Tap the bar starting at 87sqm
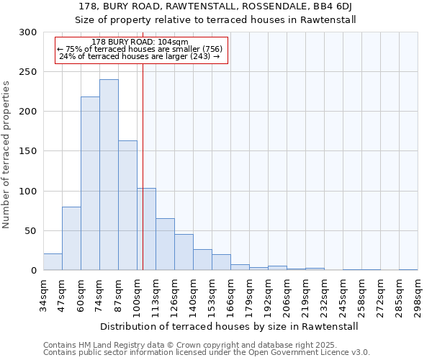(x=127, y=205)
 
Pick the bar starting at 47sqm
(x=71, y=238)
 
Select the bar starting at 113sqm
(x=165, y=244)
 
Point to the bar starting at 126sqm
(x=184, y=252)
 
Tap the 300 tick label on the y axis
(x=28, y=32)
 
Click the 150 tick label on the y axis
(x=28, y=151)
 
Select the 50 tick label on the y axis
(x=31, y=231)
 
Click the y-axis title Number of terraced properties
(x=7, y=155)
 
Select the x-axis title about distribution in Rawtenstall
(x=229, y=326)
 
